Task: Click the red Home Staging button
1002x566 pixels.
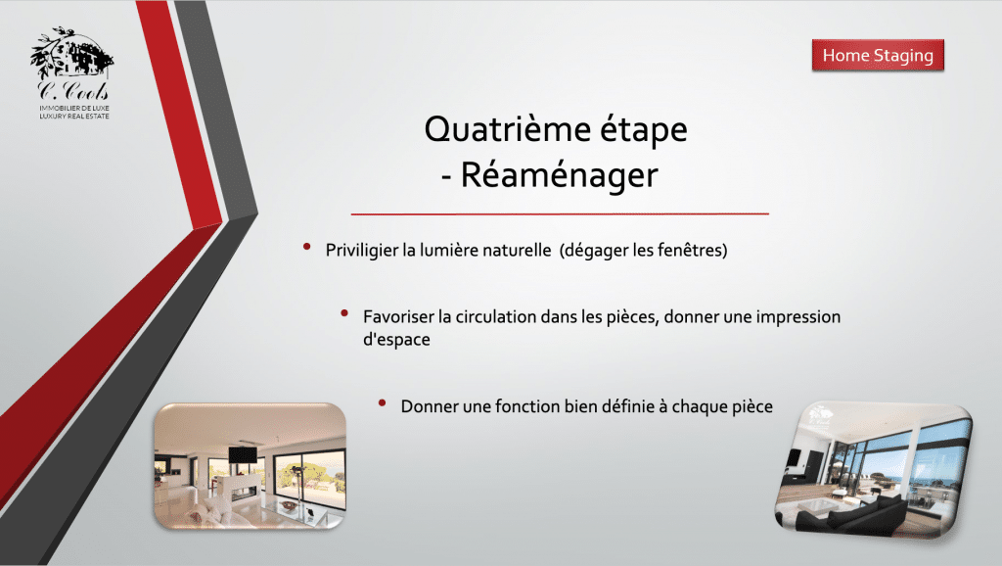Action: [x=878, y=56]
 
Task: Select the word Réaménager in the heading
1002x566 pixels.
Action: [x=559, y=175]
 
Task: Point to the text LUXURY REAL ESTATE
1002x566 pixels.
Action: [x=74, y=117]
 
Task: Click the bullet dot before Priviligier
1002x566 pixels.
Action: [x=306, y=246]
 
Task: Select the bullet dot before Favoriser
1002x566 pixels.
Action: [x=344, y=312]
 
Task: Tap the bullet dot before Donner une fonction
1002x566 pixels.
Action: [x=383, y=402]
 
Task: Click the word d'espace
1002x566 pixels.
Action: [x=396, y=340]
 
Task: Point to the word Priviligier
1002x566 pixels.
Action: [x=362, y=250]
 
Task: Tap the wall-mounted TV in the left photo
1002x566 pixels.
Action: [x=243, y=455]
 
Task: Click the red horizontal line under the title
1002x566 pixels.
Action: [x=560, y=213]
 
